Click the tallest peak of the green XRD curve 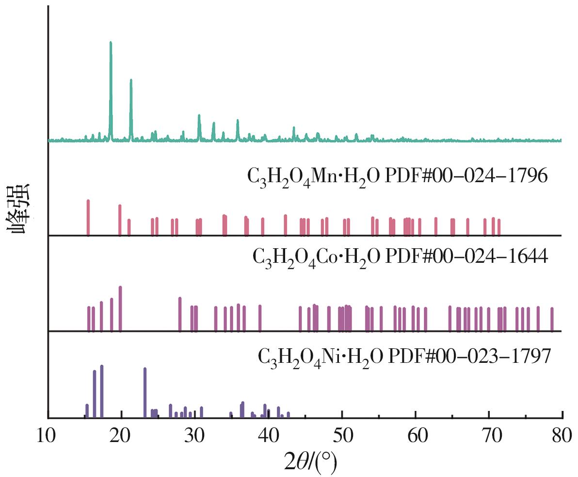point(111,44)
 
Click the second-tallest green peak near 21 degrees point(131,81)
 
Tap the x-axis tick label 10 point(48,436)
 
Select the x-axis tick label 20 point(121,436)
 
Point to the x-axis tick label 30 point(195,436)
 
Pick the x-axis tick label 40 point(268,436)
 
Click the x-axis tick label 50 point(342,436)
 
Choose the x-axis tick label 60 point(416,436)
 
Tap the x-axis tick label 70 point(489,436)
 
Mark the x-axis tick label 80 point(562,436)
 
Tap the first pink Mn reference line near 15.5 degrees point(88,216)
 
